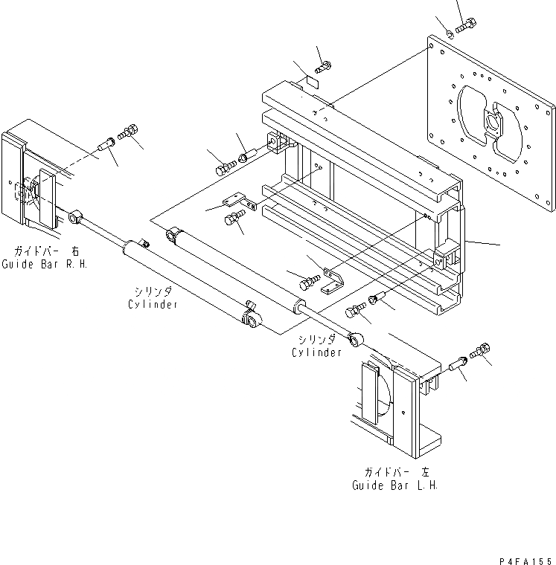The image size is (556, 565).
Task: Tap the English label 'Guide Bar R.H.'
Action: coord(44,264)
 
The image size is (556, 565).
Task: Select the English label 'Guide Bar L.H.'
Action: coord(394,485)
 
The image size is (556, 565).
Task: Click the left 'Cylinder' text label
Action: coord(153,304)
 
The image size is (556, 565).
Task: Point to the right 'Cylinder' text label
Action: coord(316,352)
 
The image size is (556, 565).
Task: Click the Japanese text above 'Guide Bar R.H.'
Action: coord(44,251)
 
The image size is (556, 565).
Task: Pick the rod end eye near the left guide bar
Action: coord(74,217)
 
